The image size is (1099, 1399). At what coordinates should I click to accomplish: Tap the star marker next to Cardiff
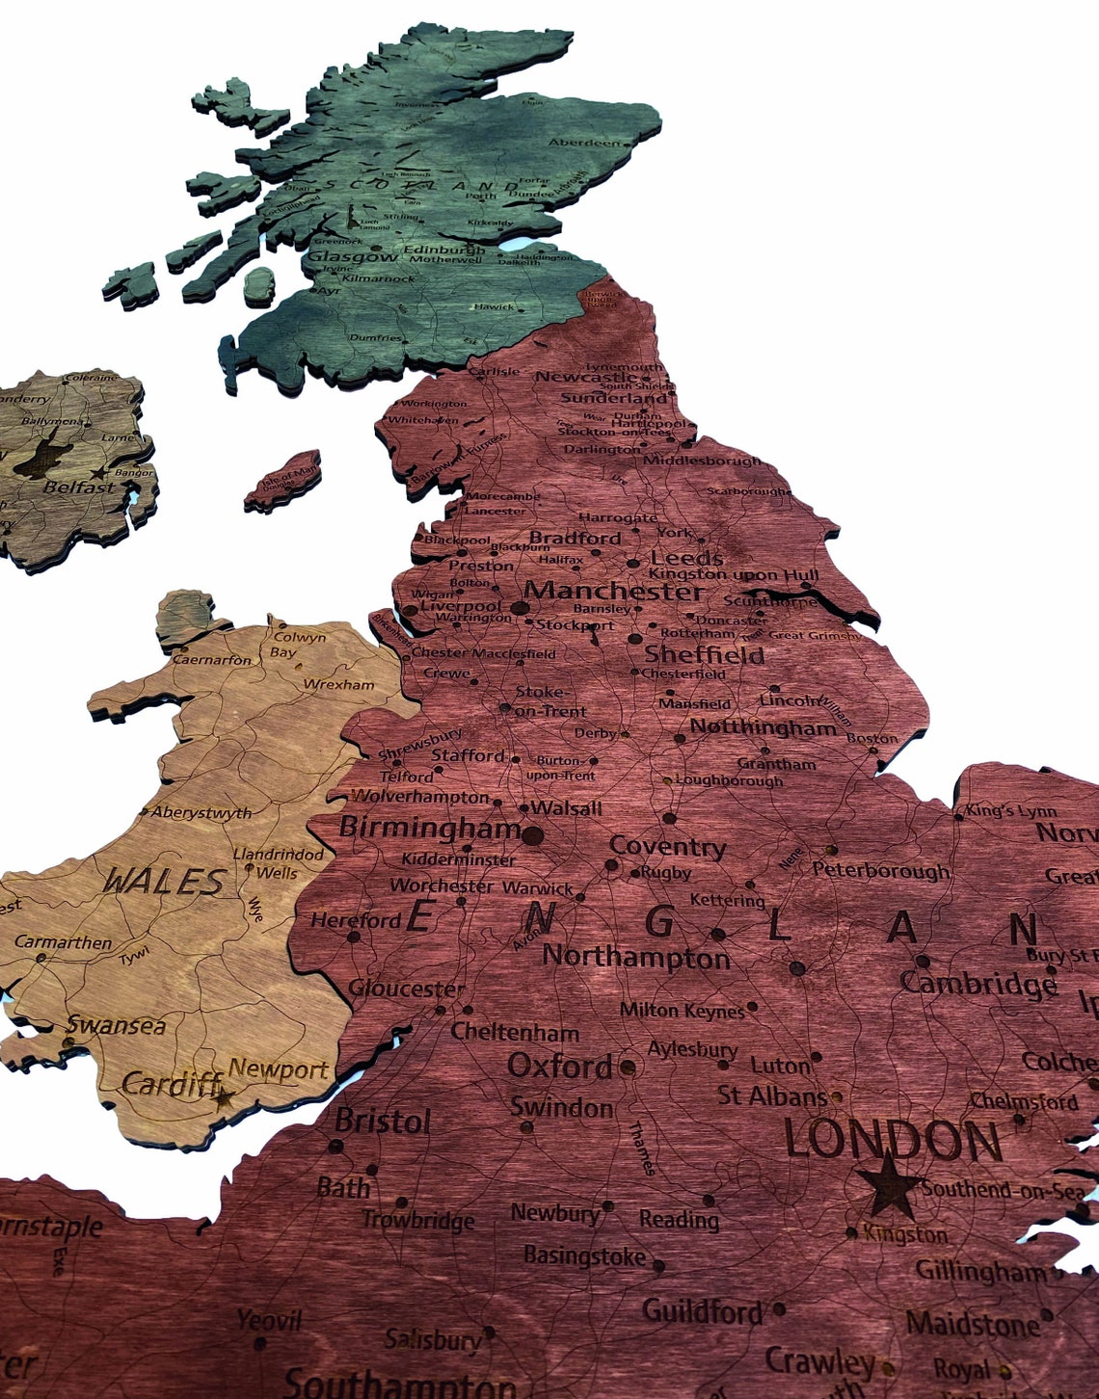pyautogui.click(x=225, y=1096)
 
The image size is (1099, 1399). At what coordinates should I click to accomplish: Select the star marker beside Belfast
pyautogui.click(x=97, y=473)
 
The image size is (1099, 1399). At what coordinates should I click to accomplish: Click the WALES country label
pyautogui.click(x=164, y=881)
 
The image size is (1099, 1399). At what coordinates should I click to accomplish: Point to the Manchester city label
pyautogui.click(x=615, y=591)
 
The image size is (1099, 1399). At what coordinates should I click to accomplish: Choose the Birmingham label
pyautogui.click(x=430, y=828)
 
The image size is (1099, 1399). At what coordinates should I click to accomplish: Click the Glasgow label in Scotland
pyautogui.click(x=351, y=257)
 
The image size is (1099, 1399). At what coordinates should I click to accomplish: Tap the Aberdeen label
pyautogui.click(x=585, y=143)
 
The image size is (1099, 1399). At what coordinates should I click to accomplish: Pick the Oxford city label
pyautogui.click(x=559, y=1066)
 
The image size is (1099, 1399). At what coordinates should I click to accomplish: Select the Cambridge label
pyautogui.click(x=978, y=983)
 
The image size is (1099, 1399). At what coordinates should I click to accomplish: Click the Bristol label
pyautogui.click(x=382, y=1121)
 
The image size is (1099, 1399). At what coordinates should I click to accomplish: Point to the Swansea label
pyautogui.click(x=116, y=1025)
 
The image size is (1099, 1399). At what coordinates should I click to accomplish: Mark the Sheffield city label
pyautogui.click(x=704, y=655)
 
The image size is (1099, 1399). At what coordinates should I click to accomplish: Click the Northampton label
pyautogui.click(x=636, y=957)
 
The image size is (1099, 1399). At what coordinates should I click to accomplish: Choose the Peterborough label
pyautogui.click(x=880, y=870)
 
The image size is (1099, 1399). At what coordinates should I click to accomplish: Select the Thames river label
pyautogui.click(x=641, y=1148)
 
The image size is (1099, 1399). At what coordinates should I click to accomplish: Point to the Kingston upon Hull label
pyautogui.click(x=735, y=574)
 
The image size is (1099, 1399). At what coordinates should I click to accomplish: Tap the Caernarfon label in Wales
pyautogui.click(x=212, y=660)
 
